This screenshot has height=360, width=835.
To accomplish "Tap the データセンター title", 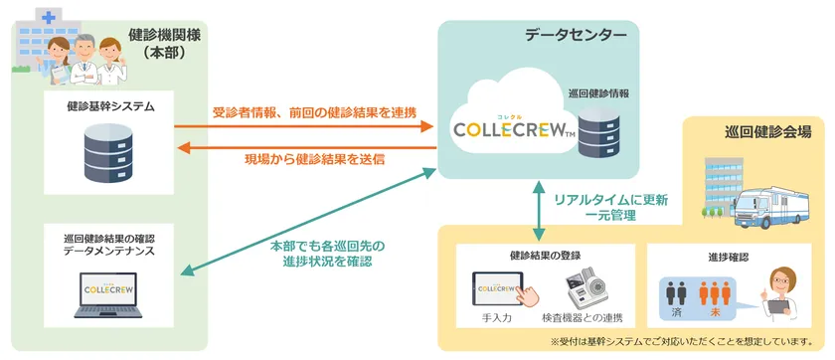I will tap(576, 36).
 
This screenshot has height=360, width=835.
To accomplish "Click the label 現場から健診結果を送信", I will tap(314, 159).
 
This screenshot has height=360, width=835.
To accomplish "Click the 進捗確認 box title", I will tap(729, 257).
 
